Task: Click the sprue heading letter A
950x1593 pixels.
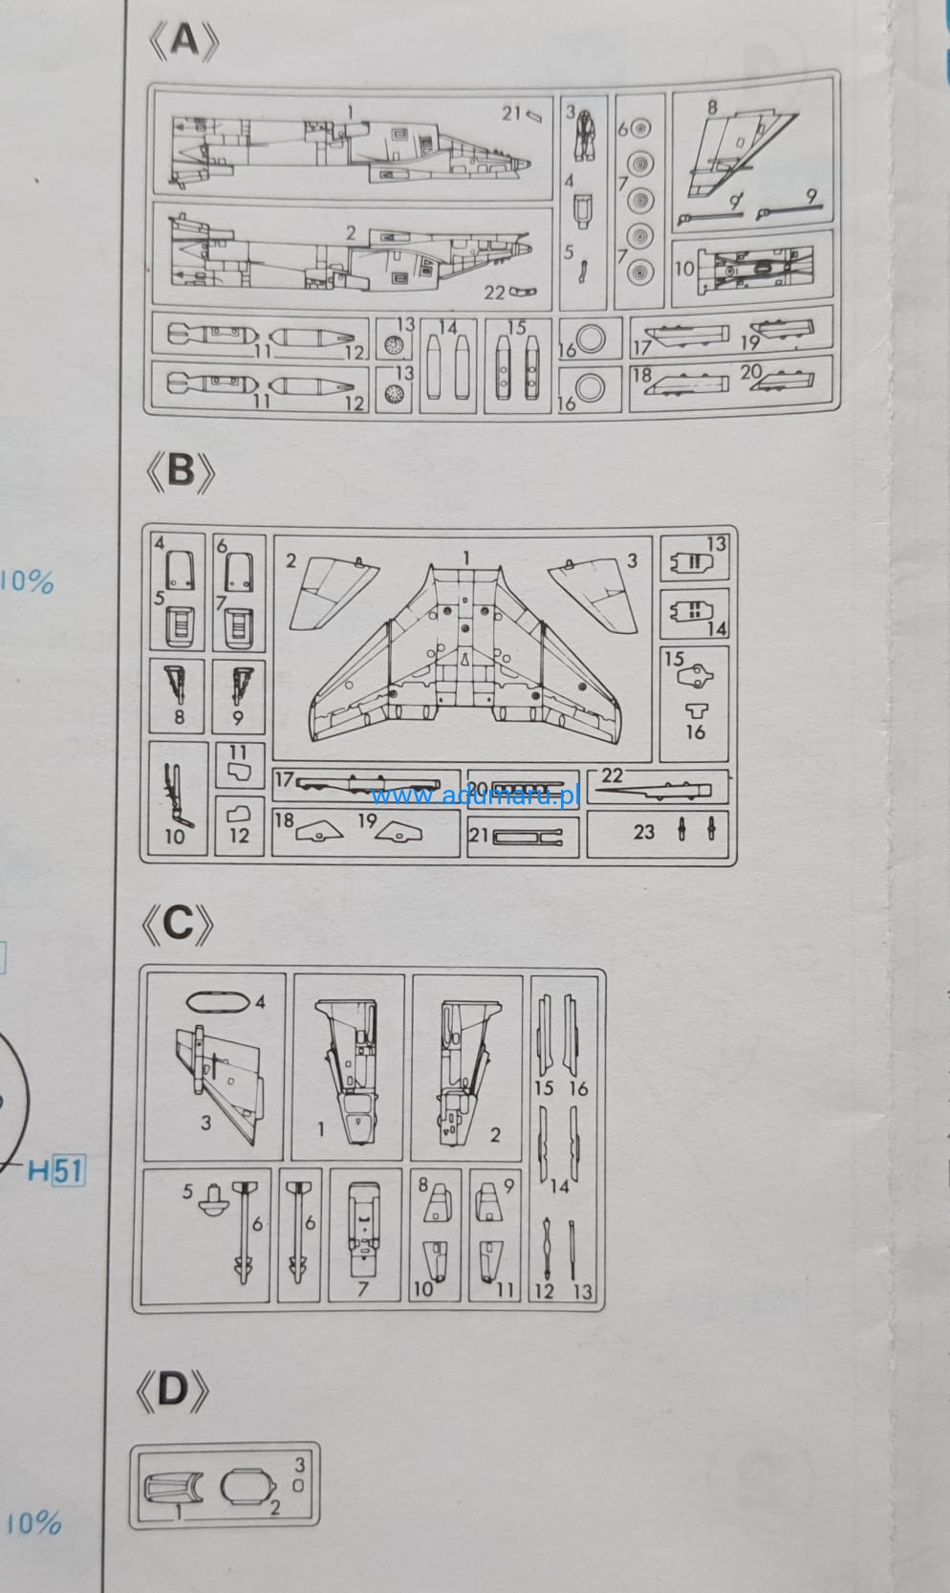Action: (184, 40)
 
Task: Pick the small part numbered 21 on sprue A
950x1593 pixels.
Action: (534, 116)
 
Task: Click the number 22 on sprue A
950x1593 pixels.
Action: (493, 293)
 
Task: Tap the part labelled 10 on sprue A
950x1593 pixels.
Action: (755, 268)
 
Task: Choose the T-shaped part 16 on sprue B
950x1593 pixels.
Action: (697, 710)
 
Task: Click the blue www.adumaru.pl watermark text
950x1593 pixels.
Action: (475, 795)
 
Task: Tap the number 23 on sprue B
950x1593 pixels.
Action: (643, 831)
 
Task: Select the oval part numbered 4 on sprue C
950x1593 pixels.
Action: (217, 1002)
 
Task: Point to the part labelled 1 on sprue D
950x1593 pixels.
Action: (173, 1488)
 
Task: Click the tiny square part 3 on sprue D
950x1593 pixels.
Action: (298, 1486)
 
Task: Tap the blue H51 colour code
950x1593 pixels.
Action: (56, 1169)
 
